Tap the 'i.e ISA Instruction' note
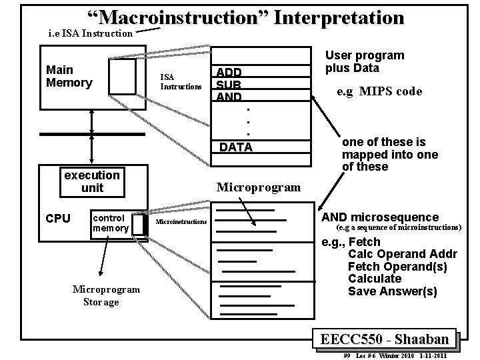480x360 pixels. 91,33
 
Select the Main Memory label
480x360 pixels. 69,76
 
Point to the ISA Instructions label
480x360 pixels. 180,82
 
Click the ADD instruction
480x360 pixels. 228,72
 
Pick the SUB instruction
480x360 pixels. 228,85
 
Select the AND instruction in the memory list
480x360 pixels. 228,97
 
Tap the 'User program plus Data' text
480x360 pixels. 364,61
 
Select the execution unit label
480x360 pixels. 92,181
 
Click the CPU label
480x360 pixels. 57,218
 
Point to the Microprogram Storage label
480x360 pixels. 106,295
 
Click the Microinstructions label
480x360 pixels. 181,221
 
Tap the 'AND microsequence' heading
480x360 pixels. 380,217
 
